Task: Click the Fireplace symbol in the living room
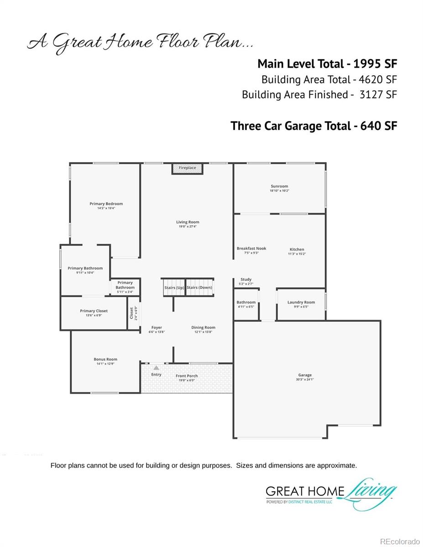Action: [x=187, y=168]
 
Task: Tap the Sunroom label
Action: [x=279, y=186]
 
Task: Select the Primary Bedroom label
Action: [x=106, y=204]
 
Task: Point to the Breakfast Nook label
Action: [x=251, y=248]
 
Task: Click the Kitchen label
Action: [x=297, y=249]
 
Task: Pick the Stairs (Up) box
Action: [x=174, y=288]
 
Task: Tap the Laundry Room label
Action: [x=301, y=302]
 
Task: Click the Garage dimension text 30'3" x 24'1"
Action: [x=305, y=379]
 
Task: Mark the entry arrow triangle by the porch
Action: [x=156, y=367]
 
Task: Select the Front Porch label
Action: [x=187, y=376]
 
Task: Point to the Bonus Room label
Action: [x=105, y=359]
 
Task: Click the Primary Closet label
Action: [x=94, y=311]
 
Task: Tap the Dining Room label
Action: [x=203, y=327]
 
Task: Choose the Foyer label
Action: [x=157, y=327]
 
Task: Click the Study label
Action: [x=246, y=279]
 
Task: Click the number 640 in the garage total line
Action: [x=370, y=126]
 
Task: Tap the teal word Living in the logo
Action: [x=370, y=490]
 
